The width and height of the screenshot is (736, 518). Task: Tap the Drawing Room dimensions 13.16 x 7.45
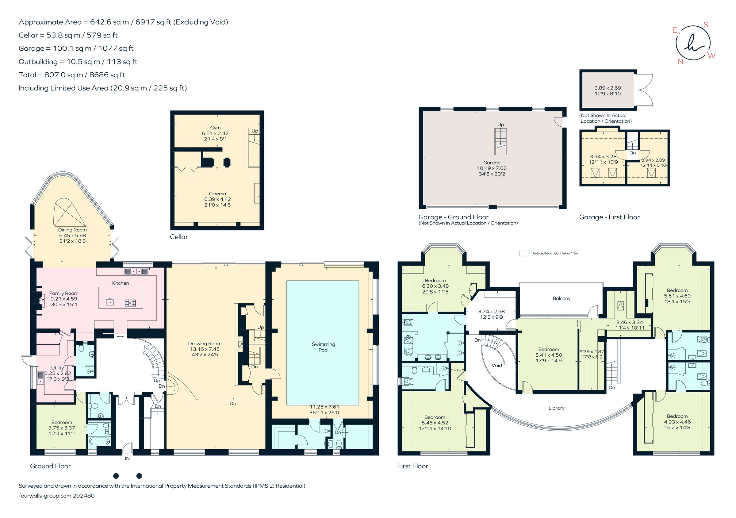[x=205, y=349]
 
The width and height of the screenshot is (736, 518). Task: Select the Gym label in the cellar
[x=215, y=128]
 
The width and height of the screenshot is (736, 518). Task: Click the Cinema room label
[x=217, y=194]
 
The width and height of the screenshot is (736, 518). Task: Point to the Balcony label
[x=561, y=298]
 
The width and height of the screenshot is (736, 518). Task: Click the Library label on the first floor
[x=556, y=408]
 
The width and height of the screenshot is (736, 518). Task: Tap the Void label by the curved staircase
[x=496, y=365]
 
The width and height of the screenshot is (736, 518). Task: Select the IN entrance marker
[x=127, y=459]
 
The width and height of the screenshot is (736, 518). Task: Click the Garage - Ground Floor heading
[x=453, y=217]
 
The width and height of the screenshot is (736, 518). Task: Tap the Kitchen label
[x=121, y=283]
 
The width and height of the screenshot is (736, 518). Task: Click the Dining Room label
[x=72, y=230]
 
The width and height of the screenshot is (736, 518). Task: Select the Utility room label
[x=57, y=368]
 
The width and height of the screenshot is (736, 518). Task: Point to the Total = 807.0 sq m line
[x=72, y=75]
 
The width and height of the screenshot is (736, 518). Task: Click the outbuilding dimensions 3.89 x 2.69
[x=608, y=88]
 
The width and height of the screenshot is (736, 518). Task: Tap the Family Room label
[x=63, y=293]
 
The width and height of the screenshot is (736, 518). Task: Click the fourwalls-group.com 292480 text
[x=57, y=496]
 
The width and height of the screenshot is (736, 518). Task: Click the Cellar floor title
[x=178, y=237]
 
